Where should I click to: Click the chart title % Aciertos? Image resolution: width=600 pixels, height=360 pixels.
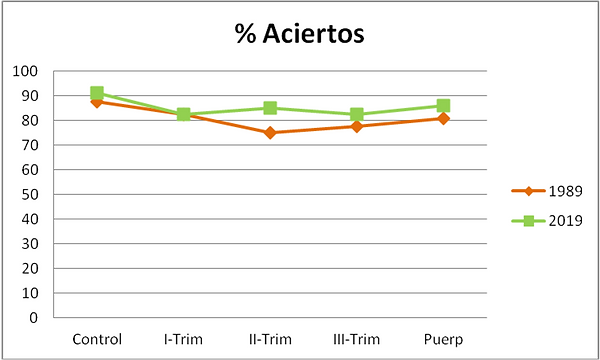coord(299,35)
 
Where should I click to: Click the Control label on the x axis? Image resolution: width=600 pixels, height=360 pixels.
coord(97,339)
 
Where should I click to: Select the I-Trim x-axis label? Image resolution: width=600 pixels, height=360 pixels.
coord(183,339)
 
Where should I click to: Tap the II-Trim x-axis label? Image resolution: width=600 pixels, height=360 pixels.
coord(270,339)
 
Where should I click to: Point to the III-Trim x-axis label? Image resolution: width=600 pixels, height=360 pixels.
coord(356,339)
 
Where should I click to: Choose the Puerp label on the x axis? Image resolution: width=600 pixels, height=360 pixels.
coord(442,339)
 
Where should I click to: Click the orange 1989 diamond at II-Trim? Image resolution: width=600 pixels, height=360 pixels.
coord(270,133)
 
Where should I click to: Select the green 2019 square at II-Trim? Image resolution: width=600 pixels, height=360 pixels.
coord(270,108)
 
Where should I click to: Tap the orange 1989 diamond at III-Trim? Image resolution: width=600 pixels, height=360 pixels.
coord(356,126)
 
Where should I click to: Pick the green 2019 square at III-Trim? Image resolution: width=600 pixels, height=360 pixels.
coord(356,115)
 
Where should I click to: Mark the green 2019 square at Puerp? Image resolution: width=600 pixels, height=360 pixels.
coord(442,106)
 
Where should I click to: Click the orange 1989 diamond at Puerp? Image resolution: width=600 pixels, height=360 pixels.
coord(442,118)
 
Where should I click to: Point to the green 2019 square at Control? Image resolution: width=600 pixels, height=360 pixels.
coord(97,93)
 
